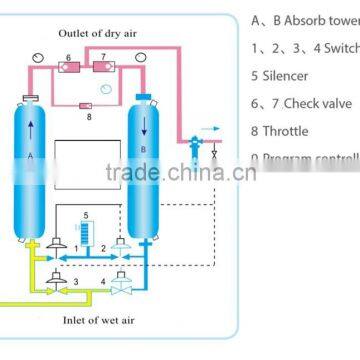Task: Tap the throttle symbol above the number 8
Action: [84, 103]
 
